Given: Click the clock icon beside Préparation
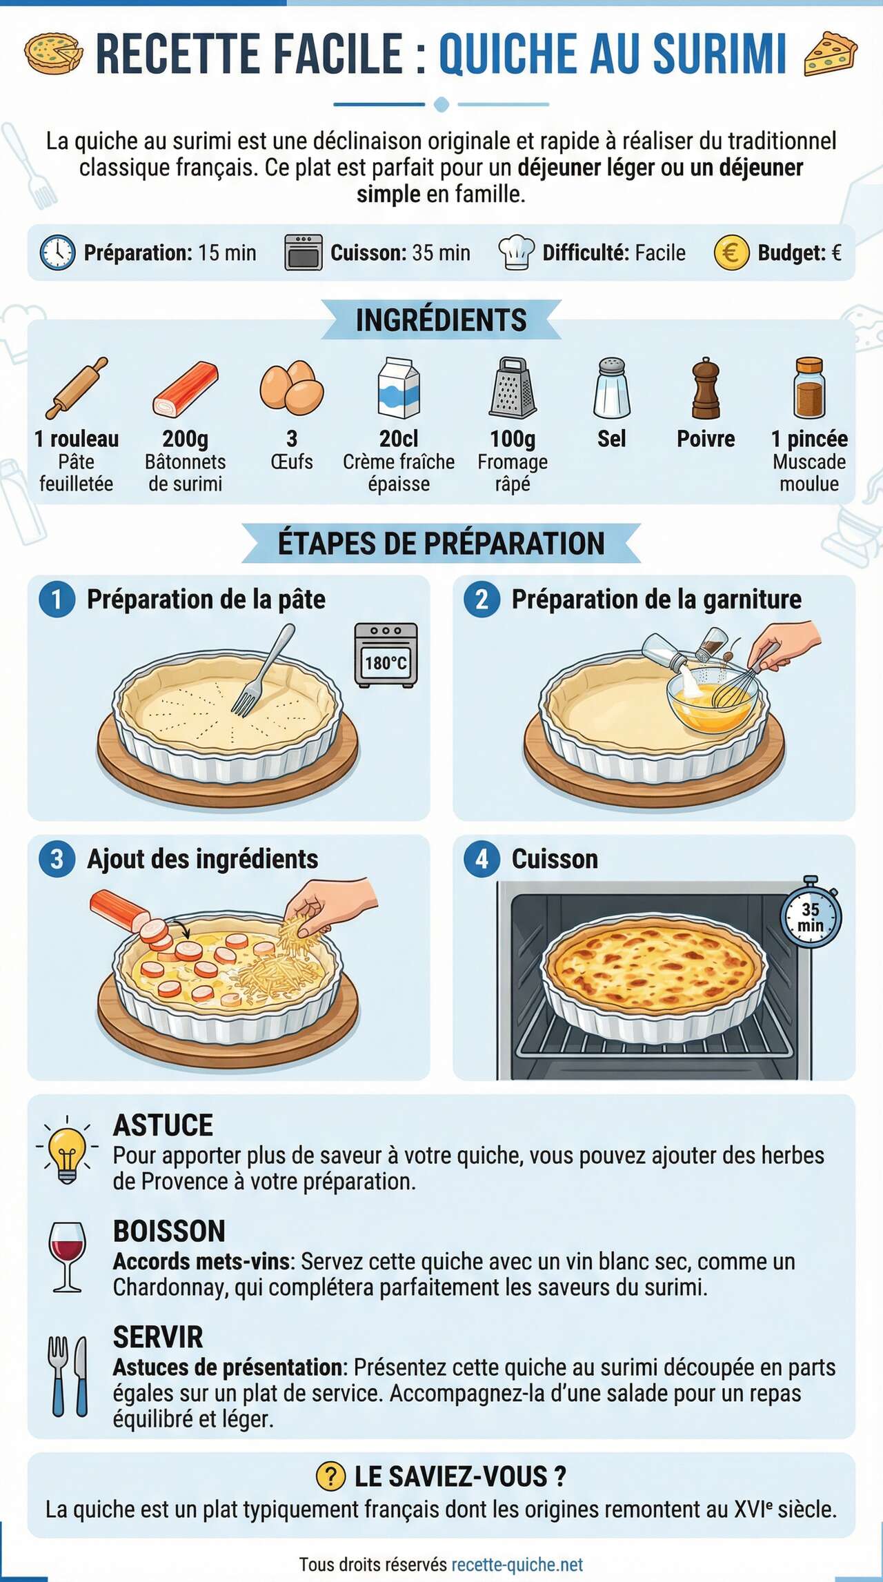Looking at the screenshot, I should pos(57,253).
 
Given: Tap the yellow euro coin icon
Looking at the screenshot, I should pos(731,253).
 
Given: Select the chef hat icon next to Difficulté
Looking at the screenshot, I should pos(516,253).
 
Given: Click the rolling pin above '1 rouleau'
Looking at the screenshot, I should pos(77,388).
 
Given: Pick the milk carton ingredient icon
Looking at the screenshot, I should pos(399,388).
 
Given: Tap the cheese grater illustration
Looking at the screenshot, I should pos(513,388).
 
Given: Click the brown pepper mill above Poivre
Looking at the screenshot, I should pos(705,388).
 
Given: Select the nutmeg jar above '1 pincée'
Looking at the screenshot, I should pos(809,388).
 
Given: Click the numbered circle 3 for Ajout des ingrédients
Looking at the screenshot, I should pos(57,859).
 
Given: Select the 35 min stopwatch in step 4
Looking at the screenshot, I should pos(811,915).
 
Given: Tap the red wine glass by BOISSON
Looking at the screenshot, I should pos(68,1256).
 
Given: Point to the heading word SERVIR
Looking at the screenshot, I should pos(158,1337).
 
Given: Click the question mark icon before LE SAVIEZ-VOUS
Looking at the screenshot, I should pos(330,1476).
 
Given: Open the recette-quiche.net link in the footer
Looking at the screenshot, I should pos(517,1565).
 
